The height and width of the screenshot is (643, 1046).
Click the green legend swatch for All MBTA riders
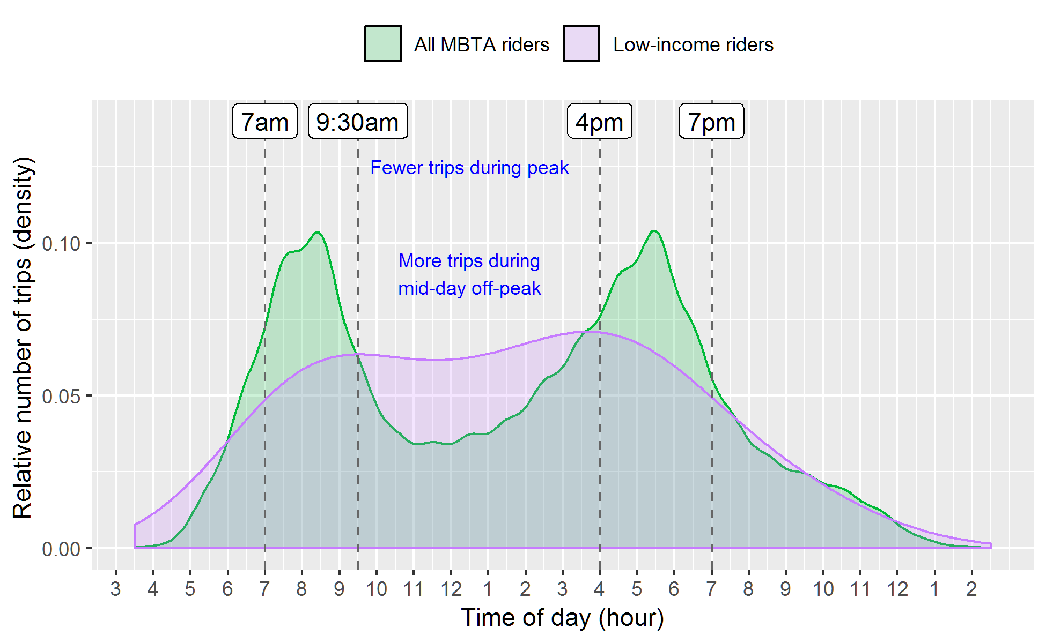click(382, 43)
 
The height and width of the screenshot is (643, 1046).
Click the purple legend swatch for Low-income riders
click(581, 43)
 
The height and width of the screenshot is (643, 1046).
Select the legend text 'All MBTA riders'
click(481, 44)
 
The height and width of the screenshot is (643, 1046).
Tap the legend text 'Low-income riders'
click(693, 44)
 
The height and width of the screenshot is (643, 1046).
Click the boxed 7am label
click(265, 122)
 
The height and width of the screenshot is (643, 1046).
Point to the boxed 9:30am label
click(358, 122)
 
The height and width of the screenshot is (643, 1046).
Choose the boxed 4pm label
click(600, 122)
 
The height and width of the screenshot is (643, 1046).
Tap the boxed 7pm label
click(712, 122)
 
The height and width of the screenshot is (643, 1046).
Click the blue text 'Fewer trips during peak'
click(469, 168)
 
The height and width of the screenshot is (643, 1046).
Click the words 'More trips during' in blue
click(469, 261)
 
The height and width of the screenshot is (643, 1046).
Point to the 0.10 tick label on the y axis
click(61, 244)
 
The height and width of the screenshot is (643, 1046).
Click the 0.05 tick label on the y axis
click(61, 397)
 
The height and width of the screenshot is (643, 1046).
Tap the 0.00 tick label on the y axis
click(61, 549)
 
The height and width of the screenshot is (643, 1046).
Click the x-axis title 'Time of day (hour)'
click(562, 618)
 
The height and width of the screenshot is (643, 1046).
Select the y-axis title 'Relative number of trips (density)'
click(23, 338)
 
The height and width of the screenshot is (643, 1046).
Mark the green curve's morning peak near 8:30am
click(318, 232)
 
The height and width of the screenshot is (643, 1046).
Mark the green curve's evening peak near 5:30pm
click(654, 231)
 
